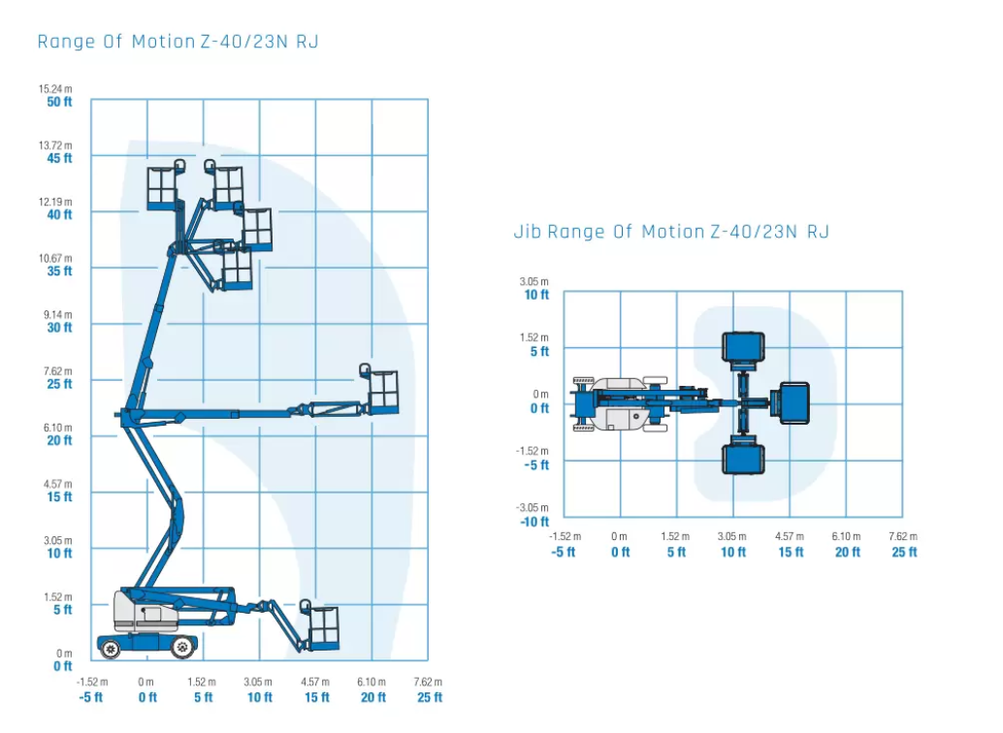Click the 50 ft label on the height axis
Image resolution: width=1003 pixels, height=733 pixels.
[59, 102]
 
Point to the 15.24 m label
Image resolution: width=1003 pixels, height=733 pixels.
[55, 89]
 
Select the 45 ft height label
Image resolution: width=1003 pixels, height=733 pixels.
[59, 158]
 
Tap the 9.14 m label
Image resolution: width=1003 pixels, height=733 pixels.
[57, 315]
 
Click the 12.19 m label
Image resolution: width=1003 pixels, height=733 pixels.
[55, 202]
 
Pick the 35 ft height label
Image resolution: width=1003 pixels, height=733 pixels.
[59, 271]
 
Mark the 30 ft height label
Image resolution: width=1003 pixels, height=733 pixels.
[59, 328]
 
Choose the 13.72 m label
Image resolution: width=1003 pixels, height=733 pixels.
[55, 145]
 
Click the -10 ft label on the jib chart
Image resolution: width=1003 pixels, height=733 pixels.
[534, 522]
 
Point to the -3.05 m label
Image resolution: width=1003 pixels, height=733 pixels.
[533, 508]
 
